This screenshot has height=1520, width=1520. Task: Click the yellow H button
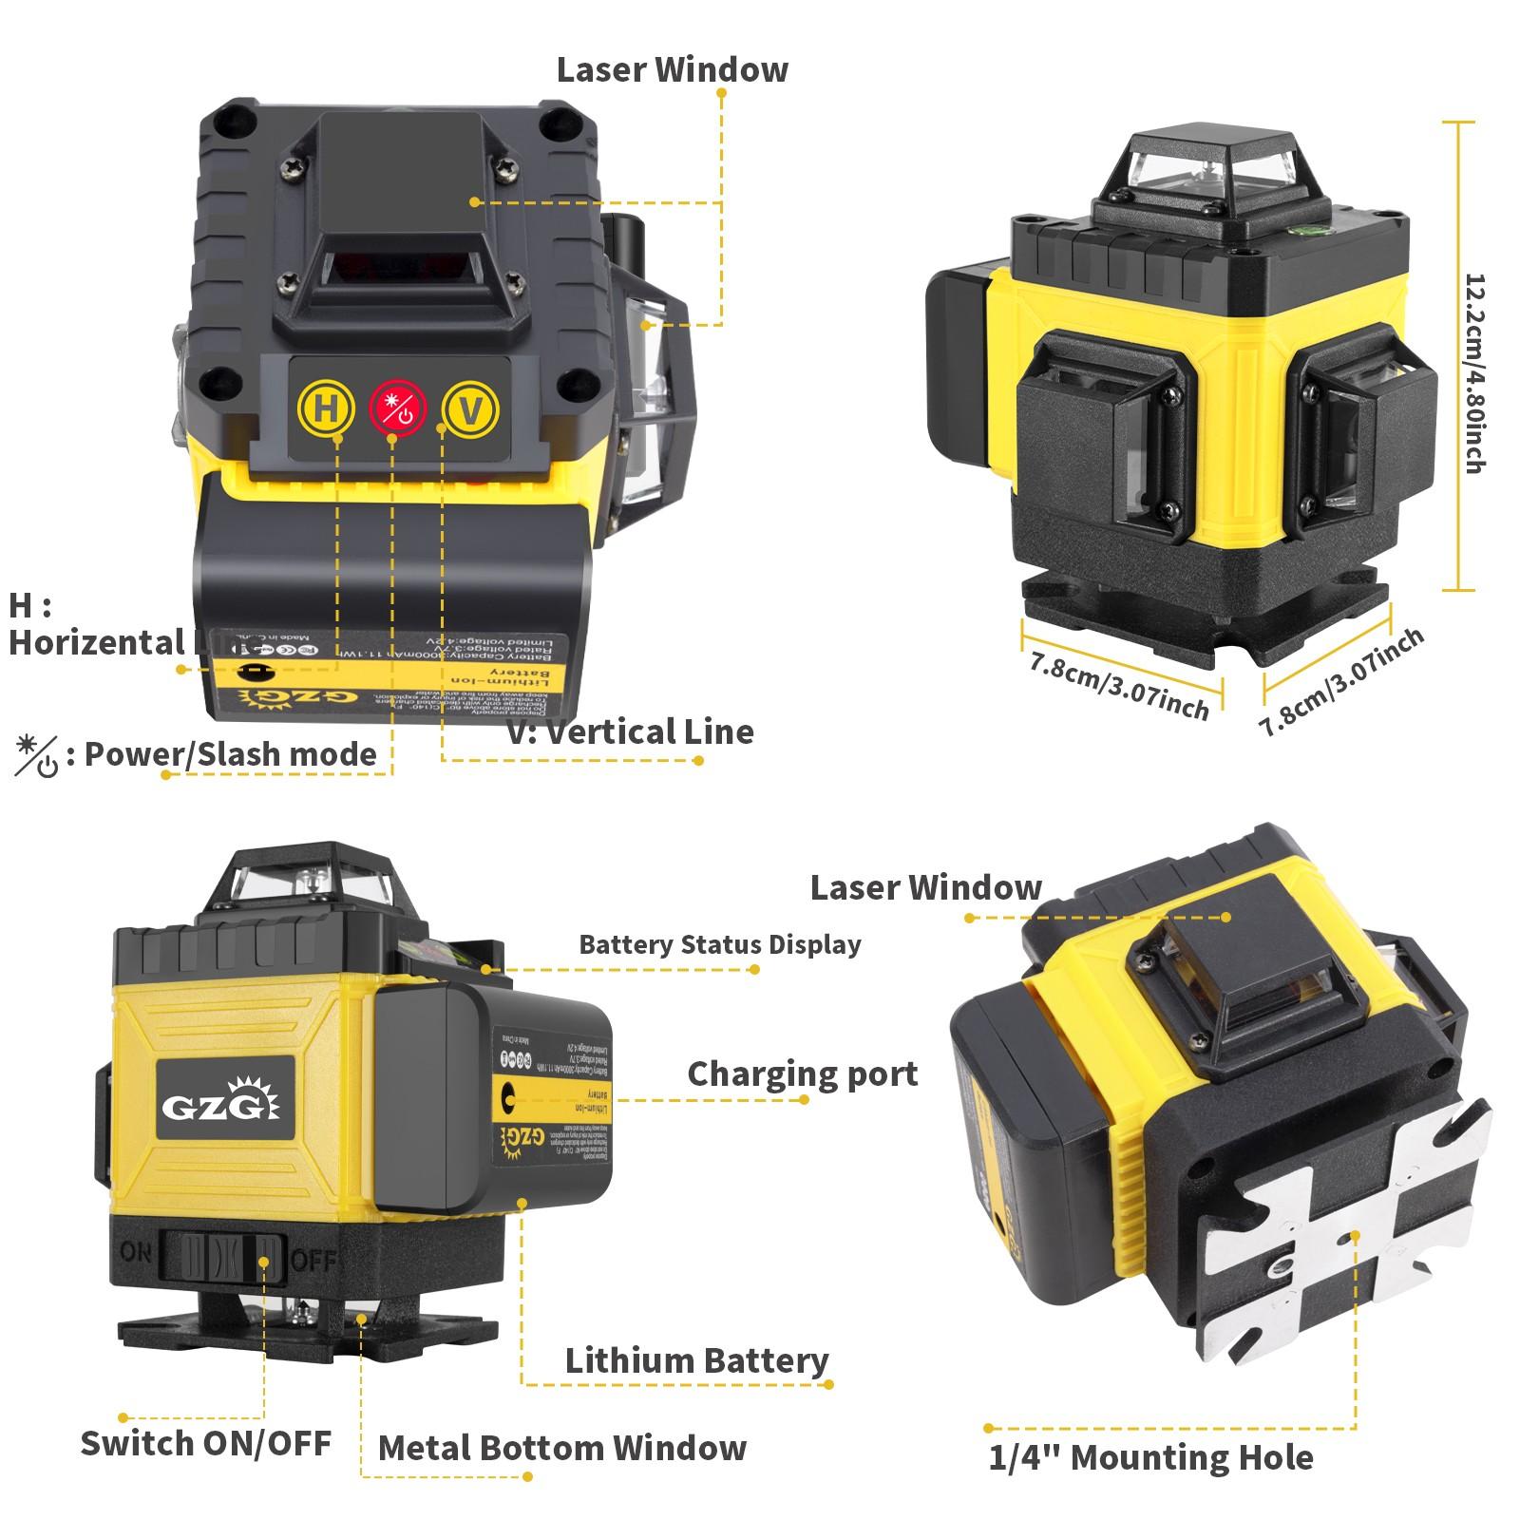click(x=324, y=409)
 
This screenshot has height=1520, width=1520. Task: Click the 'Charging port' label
click(x=802, y=1073)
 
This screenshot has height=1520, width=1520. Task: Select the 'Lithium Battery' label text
click(x=696, y=1360)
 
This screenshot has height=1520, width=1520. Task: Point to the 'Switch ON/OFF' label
click(x=205, y=1442)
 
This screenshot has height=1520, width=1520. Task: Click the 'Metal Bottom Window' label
click(x=561, y=1448)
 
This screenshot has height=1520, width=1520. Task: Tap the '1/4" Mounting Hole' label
click(x=1150, y=1457)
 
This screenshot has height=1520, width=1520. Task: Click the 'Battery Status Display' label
click(x=719, y=944)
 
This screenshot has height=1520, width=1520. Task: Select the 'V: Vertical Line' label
click(x=630, y=731)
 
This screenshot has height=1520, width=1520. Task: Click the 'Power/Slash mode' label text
click(x=231, y=754)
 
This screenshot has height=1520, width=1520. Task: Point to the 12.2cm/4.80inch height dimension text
click(x=1473, y=372)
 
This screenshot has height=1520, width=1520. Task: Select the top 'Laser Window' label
click(x=672, y=69)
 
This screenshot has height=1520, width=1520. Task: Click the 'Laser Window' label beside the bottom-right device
click(x=925, y=887)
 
